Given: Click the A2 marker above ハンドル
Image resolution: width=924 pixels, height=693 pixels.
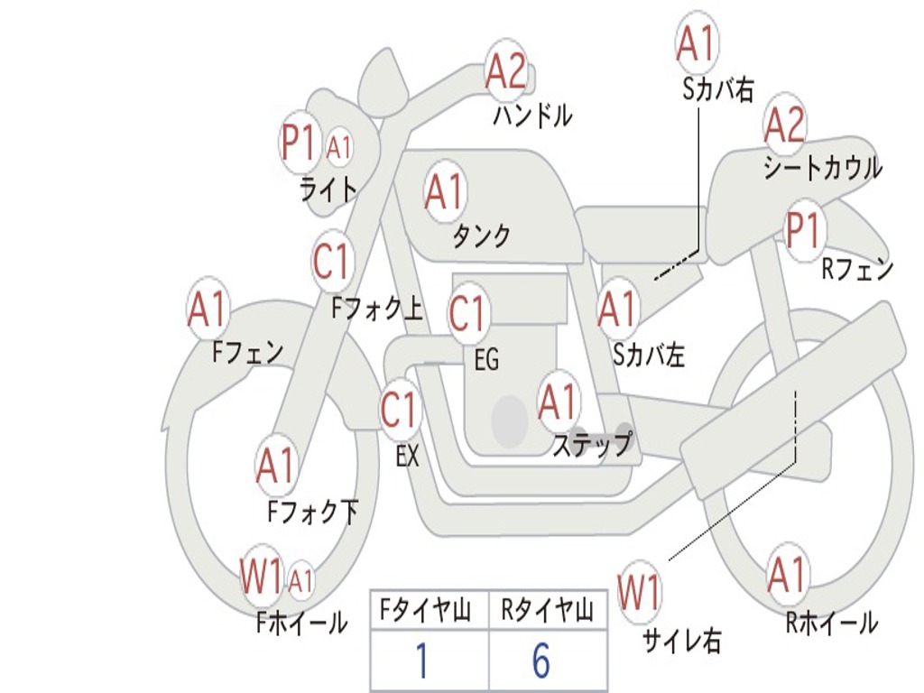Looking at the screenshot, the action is tap(506, 69).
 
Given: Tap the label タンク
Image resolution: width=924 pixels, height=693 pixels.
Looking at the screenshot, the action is tap(481, 236).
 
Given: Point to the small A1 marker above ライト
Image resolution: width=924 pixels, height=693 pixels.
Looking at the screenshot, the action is tap(339, 147).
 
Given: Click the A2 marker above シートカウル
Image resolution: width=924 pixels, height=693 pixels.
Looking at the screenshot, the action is tap(784, 125).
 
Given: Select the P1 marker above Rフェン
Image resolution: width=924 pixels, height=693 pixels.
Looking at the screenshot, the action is tap(803, 230).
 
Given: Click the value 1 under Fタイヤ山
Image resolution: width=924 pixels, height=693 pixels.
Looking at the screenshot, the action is tap(420, 661).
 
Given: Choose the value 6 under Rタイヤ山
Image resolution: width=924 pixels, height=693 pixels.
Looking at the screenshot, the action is tap(541, 661).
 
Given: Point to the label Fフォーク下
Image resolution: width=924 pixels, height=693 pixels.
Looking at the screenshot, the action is tap(312, 513).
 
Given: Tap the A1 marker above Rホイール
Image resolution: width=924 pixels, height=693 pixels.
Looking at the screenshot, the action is tap(787, 575).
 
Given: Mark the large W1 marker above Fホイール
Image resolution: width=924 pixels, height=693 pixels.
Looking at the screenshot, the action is tap(261, 577).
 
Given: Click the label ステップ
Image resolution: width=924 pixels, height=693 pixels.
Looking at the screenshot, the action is tap(592, 445).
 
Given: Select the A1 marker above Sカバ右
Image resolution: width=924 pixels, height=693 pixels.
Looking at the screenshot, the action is tap(696, 42).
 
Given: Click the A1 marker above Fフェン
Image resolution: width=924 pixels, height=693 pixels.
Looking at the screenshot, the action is tap(208, 310).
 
